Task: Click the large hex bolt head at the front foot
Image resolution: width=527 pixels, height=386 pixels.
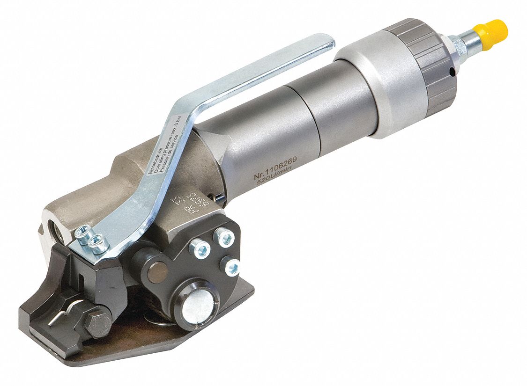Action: pos(97,322)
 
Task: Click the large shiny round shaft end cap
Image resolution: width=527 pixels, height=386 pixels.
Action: pos(197,306)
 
